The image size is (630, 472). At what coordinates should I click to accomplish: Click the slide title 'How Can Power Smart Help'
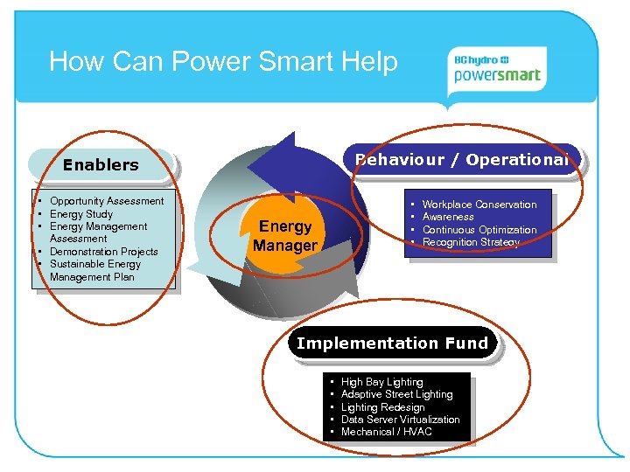click(223, 62)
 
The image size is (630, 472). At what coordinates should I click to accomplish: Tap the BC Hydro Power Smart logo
click(497, 68)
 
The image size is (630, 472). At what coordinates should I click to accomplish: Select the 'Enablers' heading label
click(101, 164)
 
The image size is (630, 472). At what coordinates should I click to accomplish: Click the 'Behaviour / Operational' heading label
click(462, 159)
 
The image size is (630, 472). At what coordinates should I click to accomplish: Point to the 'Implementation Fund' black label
click(392, 344)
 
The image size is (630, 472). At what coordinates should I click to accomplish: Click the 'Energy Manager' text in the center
click(285, 236)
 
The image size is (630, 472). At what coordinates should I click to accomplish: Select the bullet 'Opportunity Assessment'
click(106, 201)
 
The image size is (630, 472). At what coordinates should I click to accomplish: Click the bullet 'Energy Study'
click(80, 214)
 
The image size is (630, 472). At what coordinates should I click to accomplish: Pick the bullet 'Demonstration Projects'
click(103, 252)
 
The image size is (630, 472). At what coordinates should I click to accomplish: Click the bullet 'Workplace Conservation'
click(479, 205)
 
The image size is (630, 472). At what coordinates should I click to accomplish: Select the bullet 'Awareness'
click(448, 217)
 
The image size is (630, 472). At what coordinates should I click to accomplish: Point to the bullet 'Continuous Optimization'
click(479, 230)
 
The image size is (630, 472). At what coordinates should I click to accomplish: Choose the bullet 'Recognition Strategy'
click(471, 242)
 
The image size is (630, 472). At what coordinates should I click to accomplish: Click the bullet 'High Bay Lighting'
click(381, 382)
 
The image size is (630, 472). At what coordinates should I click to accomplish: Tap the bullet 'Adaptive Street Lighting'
click(396, 394)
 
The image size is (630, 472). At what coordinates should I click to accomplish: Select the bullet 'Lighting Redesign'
click(382, 407)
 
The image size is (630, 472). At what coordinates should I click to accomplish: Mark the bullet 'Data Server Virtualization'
click(400, 420)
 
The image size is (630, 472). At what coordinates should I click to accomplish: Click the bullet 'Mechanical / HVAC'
click(386, 432)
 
